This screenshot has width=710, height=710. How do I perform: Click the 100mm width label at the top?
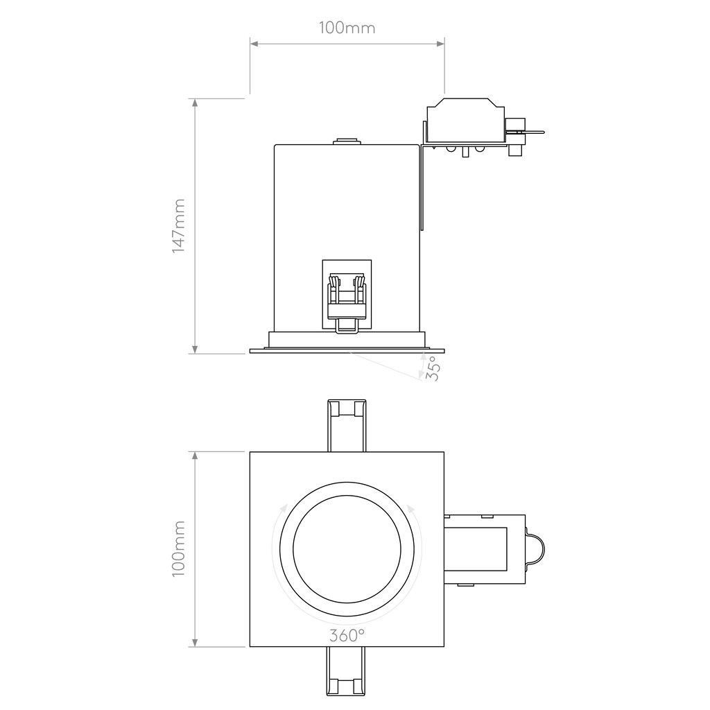coord(347,28)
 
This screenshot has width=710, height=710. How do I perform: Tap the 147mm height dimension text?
coord(179,225)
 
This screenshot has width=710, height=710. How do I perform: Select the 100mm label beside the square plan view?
coord(179,549)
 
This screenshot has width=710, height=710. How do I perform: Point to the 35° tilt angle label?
coord(433,368)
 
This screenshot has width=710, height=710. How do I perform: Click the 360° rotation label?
coord(347,636)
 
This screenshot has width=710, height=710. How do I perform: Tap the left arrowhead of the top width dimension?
coord(254,44)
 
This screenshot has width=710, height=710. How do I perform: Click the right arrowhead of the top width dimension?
coord(440,44)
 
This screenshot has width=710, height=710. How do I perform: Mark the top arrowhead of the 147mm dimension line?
coord(195,103)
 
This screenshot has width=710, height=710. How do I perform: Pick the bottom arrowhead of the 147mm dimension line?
coord(195,349)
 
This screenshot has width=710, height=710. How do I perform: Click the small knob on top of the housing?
coord(347,141)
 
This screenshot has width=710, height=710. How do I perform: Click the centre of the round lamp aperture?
coord(347,549)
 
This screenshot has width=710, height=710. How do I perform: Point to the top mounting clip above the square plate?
coord(347,426)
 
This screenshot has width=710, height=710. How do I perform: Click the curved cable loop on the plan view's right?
coord(535,549)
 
